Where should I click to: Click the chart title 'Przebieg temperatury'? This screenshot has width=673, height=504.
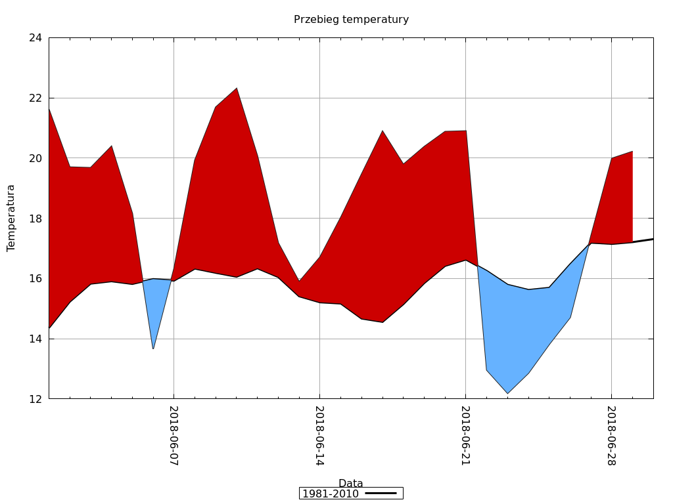click(x=351, y=20)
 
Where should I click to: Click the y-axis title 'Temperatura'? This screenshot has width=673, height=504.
click(x=11, y=218)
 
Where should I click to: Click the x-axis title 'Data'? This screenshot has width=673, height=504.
click(x=350, y=484)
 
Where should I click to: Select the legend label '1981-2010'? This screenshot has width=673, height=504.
click(x=330, y=493)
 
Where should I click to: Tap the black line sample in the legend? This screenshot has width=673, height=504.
click(x=381, y=493)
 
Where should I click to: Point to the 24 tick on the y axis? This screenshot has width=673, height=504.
click(x=35, y=38)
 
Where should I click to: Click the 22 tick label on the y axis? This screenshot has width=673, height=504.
click(x=35, y=98)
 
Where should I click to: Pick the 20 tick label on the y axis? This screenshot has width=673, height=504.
click(x=35, y=158)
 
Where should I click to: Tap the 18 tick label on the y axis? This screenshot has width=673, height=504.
click(x=35, y=219)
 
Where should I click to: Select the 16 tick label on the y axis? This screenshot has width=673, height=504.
click(x=35, y=279)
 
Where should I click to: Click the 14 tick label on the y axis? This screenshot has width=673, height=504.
click(x=35, y=339)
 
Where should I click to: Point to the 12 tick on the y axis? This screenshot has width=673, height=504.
click(x=35, y=399)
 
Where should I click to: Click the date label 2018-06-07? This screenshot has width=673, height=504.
click(x=174, y=436)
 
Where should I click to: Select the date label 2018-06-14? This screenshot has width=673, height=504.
click(x=319, y=436)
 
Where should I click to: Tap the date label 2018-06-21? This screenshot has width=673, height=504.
click(x=465, y=436)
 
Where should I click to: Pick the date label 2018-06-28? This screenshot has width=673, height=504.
click(x=611, y=436)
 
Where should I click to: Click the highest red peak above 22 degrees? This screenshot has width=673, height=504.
click(x=237, y=89)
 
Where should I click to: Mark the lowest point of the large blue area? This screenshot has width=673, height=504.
click(x=507, y=392)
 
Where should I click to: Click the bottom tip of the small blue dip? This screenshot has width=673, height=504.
click(x=153, y=348)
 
